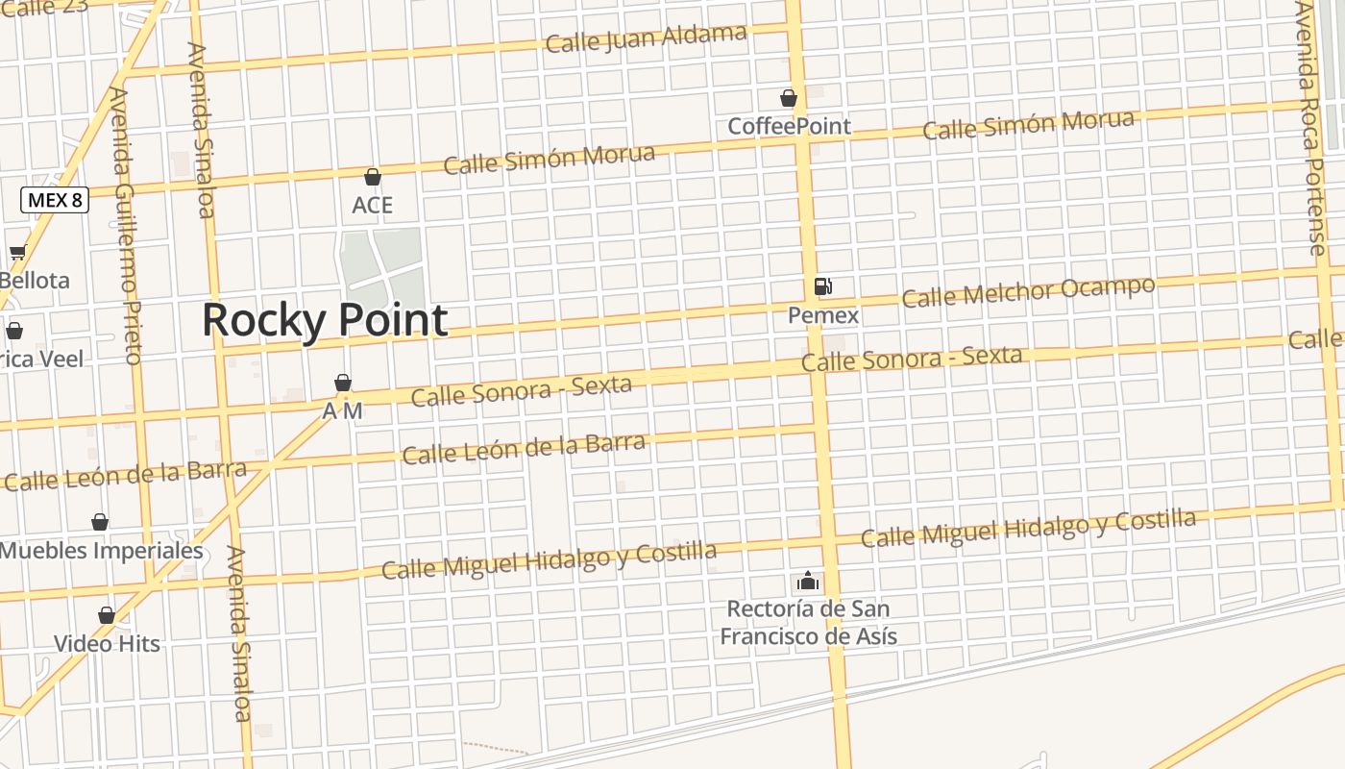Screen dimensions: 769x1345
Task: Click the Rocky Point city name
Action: coord(325,320)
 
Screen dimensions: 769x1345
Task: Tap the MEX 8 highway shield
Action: coord(55,200)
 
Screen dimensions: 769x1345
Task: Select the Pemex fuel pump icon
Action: coord(822,286)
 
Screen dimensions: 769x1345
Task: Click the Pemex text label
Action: coord(823,315)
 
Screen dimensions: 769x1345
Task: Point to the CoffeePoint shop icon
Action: coord(789,98)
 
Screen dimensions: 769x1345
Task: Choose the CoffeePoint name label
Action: coord(789,126)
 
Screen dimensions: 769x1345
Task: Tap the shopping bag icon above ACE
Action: coord(373,177)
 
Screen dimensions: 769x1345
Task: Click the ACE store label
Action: coord(373,205)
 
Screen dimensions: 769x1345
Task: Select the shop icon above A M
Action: coord(343,383)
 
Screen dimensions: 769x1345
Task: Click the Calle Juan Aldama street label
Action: coord(646,38)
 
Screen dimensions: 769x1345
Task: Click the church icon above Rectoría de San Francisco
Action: coord(808,581)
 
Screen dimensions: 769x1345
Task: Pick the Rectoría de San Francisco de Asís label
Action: coord(808,622)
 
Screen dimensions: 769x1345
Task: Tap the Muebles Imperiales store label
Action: coord(102,551)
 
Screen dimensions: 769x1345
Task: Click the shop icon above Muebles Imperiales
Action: coord(100,522)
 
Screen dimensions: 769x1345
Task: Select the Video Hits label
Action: coord(107,643)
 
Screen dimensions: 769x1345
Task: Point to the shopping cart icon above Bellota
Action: coord(17,253)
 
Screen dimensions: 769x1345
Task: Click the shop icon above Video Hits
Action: coord(107,615)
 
